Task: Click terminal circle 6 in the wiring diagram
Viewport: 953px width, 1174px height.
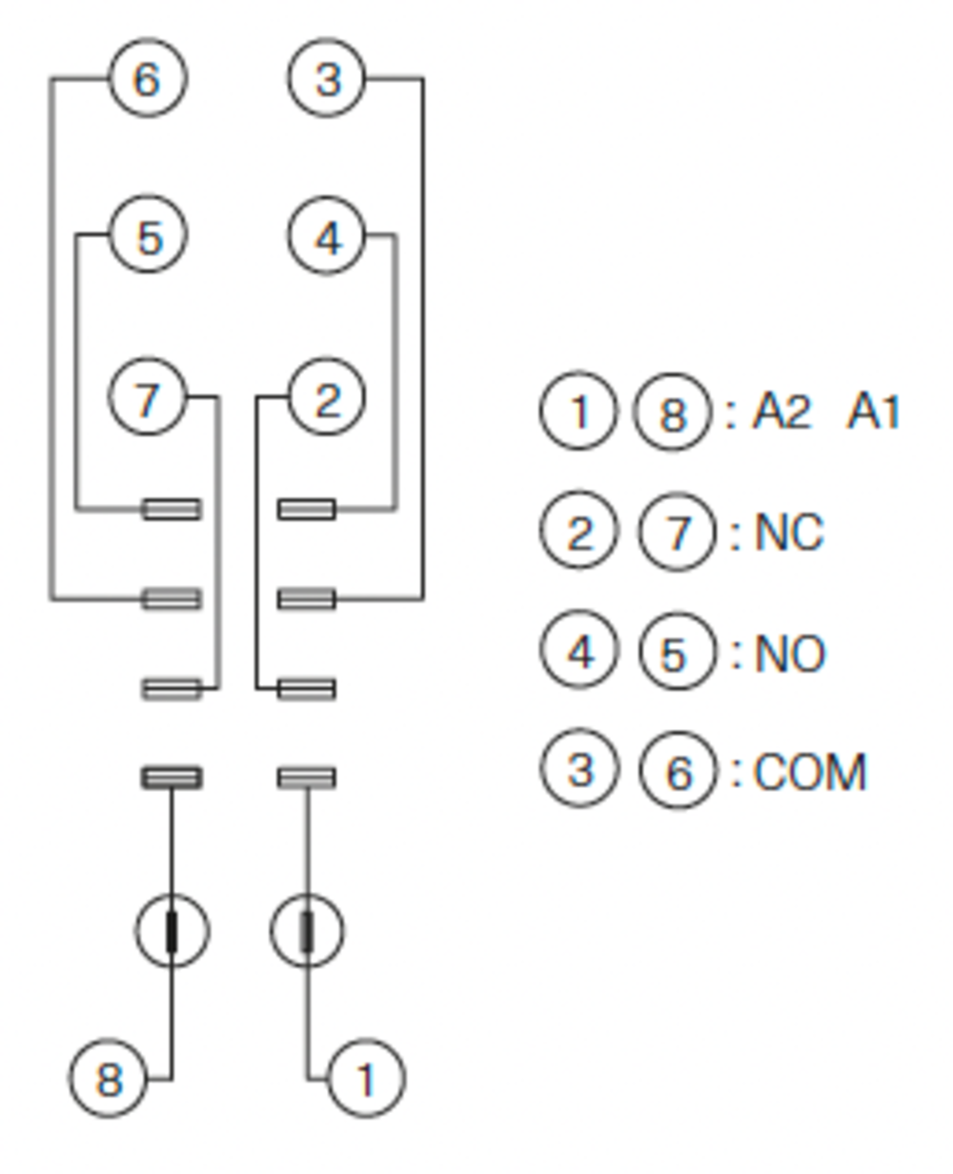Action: pos(147,79)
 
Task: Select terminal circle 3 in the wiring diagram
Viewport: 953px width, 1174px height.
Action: pos(327,79)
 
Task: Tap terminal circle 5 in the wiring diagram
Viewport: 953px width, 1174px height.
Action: pos(148,235)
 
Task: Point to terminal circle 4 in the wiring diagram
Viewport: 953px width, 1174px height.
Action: pos(327,235)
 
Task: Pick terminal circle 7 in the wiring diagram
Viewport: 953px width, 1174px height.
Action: pos(148,397)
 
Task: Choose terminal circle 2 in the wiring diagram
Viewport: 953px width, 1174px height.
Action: pos(327,397)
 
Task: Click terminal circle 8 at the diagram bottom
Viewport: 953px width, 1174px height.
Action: pos(109,1079)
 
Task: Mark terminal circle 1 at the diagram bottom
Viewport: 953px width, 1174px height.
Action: pos(366,1079)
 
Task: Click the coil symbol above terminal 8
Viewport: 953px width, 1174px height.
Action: pos(172,931)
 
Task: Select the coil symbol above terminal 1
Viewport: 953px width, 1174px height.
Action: pos(307,931)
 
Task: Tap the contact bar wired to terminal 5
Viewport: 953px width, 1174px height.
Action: pos(172,509)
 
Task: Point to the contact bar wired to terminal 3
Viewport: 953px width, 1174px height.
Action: pos(307,598)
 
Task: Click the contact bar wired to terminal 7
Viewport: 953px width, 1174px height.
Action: pos(172,688)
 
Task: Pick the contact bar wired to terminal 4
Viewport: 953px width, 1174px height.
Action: pos(307,509)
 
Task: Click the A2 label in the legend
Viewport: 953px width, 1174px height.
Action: pos(781,414)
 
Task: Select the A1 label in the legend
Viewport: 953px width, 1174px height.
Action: pos(873,414)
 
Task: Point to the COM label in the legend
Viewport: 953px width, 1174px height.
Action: pos(810,773)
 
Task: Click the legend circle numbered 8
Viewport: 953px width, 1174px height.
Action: pos(673,414)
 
